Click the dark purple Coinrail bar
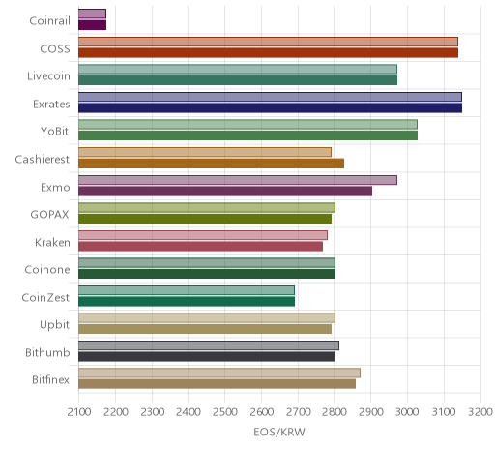[92, 25]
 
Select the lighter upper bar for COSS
[268, 42]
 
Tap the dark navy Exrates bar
[270, 107]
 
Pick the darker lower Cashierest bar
[211, 164]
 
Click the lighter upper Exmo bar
[238, 180]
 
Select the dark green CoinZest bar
[187, 301]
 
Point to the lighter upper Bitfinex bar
[219, 373]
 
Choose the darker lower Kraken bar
[200, 246]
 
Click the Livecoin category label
[48, 76]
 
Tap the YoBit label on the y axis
[55, 132]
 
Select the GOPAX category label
[49, 215]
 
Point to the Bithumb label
[47, 352]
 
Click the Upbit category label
[54, 325]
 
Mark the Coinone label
[47, 270]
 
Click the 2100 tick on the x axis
[79, 412]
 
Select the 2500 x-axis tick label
[225, 412]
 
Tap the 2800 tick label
[335, 412]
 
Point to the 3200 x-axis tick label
[480, 412]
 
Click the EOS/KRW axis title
[279, 432]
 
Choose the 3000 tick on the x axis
[407, 412]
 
